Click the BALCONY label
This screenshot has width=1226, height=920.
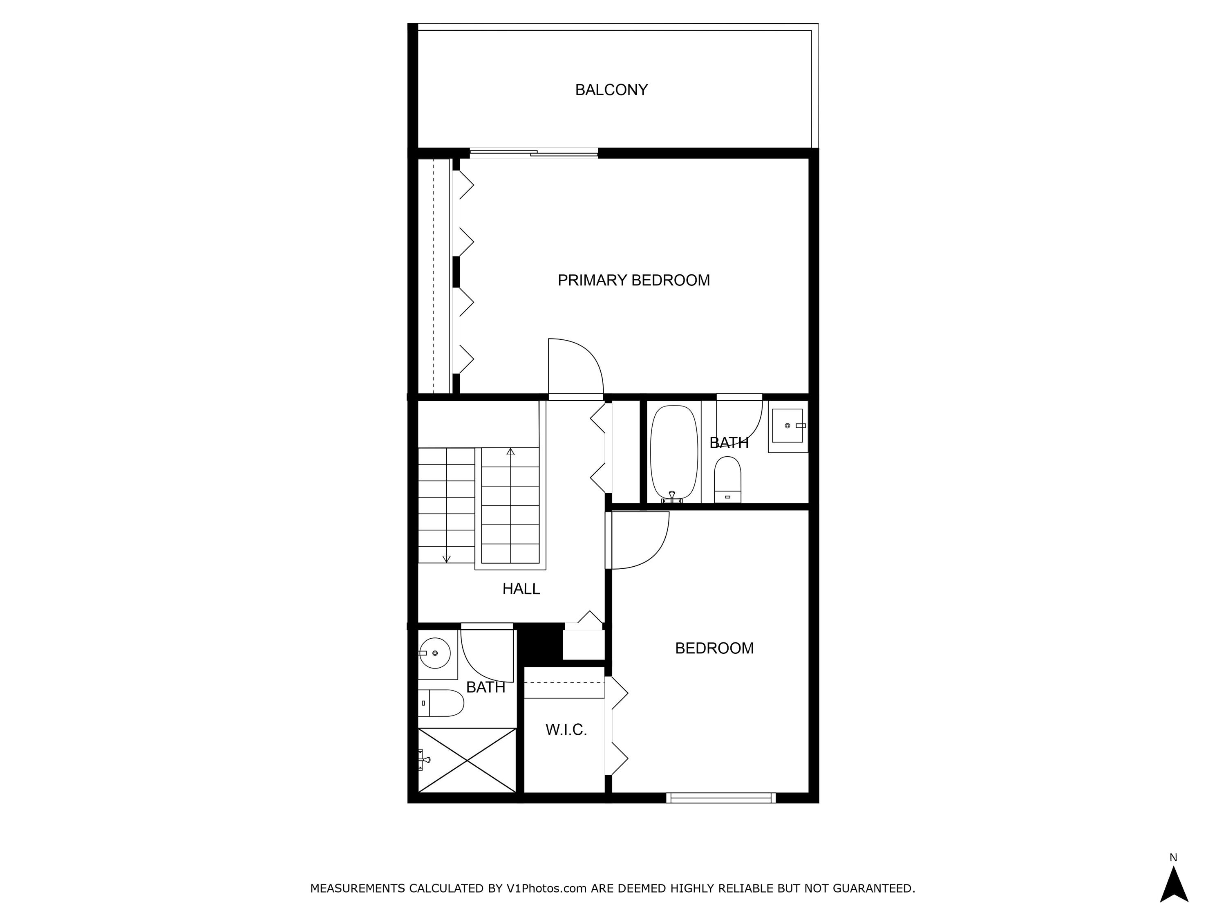(611, 90)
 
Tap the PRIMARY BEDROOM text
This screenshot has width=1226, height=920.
(633, 280)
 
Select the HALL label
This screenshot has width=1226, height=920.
(521, 588)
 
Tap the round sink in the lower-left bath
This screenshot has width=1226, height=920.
(434, 653)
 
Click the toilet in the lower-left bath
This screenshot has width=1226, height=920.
(442, 703)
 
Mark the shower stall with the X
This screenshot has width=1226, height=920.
(467, 760)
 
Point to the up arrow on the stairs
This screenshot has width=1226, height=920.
(510, 452)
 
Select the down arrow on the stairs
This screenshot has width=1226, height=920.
(446, 559)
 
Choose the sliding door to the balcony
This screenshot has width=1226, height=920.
(533, 153)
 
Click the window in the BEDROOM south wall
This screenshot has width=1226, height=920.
(720, 798)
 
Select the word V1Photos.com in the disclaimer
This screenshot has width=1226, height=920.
(546, 889)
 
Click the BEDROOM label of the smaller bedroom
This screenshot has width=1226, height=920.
(714, 648)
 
